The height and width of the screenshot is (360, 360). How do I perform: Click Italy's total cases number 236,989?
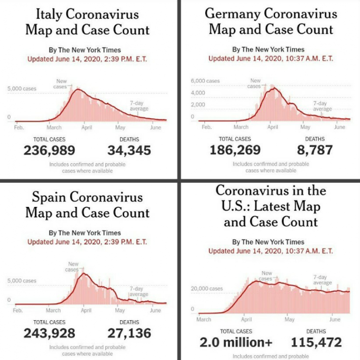coord(49,150)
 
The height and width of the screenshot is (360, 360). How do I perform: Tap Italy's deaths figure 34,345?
coord(129,150)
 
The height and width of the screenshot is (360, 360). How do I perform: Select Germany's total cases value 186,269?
coord(235,150)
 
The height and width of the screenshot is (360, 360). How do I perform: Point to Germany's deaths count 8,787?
coord(315,150)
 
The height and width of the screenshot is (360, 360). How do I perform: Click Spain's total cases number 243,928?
coord(49,333)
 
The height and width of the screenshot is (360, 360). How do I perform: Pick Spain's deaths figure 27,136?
coord(129,333)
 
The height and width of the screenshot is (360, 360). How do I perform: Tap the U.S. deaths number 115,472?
coord(316,342)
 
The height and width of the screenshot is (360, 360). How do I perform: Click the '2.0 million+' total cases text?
coord(236,342)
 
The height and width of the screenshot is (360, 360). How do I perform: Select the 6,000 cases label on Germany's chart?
coord(205,81)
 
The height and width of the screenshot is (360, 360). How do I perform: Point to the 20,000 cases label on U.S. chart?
coord(207,288)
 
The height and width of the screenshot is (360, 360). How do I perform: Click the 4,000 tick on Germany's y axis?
coord(198,93)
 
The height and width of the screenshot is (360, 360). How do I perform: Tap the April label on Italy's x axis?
coord(87,127)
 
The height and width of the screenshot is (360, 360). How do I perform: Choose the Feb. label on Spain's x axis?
coord(18,311)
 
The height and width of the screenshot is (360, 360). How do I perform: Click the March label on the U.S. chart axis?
coord(204,319)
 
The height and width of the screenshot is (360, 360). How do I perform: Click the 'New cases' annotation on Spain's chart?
coord(72,267)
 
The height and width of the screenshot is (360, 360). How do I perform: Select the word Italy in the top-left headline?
coord(49,14)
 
